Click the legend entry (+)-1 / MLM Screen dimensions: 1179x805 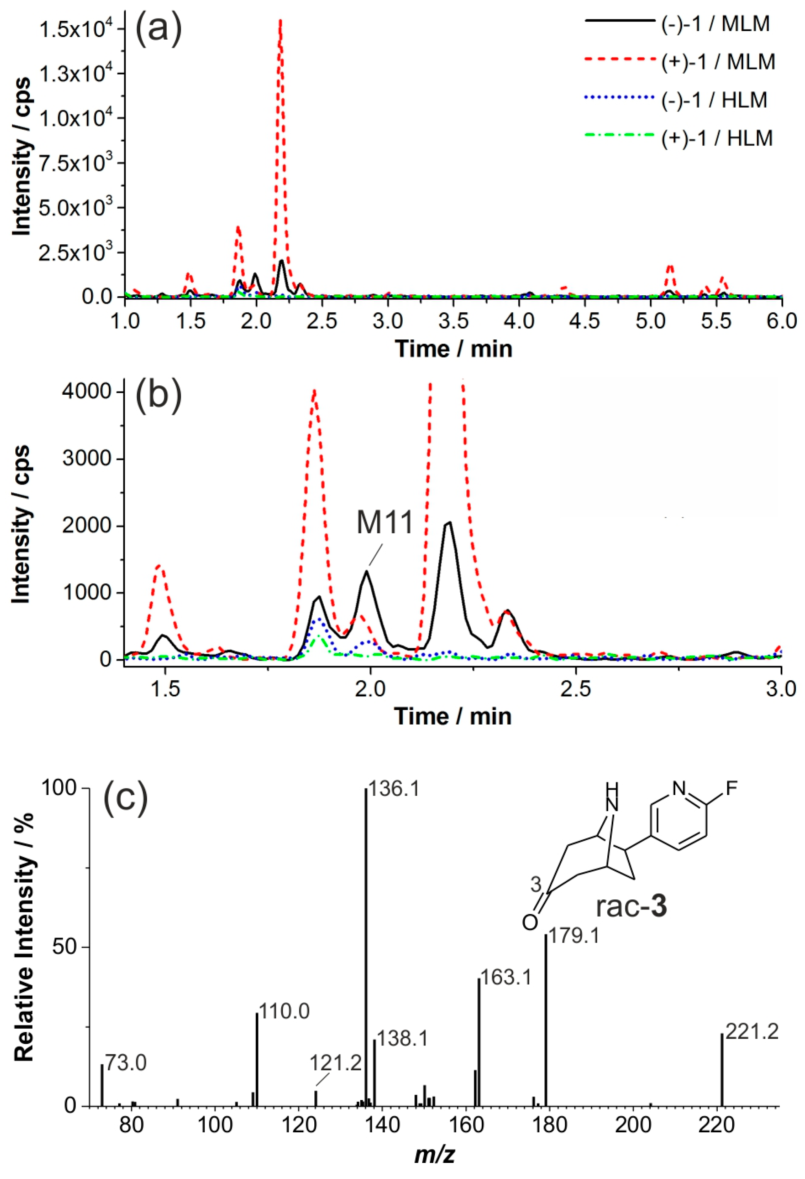718,62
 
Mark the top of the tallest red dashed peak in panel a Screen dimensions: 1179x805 280,20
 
